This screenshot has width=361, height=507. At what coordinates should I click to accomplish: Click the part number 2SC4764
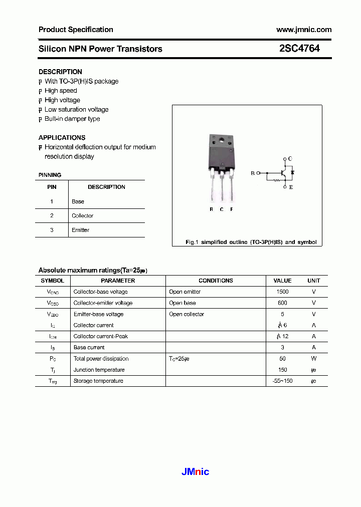(299, 49)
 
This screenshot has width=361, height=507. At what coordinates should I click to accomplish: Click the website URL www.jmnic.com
(304, 30)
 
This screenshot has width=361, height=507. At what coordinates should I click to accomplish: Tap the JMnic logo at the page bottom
(195, 471)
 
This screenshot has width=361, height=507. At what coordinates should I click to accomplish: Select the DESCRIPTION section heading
(60, 72)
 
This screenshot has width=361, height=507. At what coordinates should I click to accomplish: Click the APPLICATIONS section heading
(62, 137)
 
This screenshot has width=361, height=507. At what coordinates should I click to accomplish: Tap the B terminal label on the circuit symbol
(253, 173)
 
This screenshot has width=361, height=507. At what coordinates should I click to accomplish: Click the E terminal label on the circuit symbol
(290, 187)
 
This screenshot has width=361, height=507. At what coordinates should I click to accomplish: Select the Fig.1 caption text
(251, 242)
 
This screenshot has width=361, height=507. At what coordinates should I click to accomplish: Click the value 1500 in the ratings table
(282, 292)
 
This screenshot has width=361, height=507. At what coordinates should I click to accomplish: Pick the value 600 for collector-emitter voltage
(282, 303)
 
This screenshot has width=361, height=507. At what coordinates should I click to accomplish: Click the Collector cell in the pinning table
(82, 215)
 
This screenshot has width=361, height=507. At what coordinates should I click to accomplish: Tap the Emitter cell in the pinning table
(80, 230)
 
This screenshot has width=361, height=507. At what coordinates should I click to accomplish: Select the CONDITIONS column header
(216, 281)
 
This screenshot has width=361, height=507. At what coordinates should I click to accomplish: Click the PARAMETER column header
(118, 281)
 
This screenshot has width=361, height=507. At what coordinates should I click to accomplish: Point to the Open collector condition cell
(187, 314)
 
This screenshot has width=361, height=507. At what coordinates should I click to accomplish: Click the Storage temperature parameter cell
(98, 381)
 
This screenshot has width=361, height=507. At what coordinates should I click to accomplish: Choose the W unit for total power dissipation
(313, 359)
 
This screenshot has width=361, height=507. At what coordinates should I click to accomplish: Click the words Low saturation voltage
(76, 109)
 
